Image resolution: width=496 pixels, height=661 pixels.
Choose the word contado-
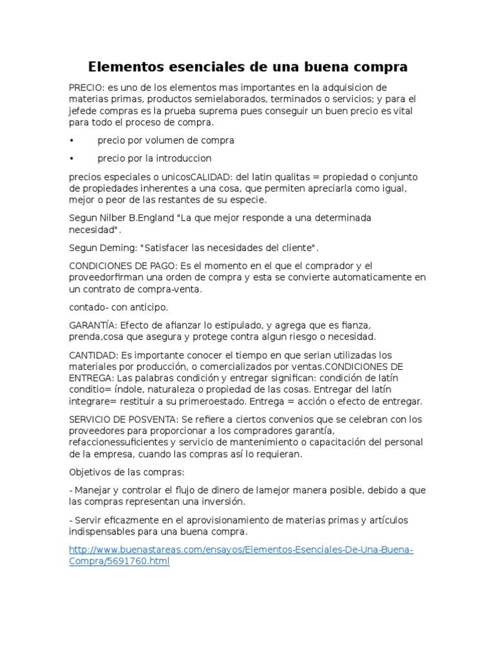click(x=88, y=307)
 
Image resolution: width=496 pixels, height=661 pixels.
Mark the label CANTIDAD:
click(x=92, y=355)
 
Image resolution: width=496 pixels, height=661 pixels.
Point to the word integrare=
click(x=94, y=402)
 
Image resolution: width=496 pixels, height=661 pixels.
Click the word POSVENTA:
click(x=154, y=420)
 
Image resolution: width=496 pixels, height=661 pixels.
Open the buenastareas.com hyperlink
click(x=240, y=550)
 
